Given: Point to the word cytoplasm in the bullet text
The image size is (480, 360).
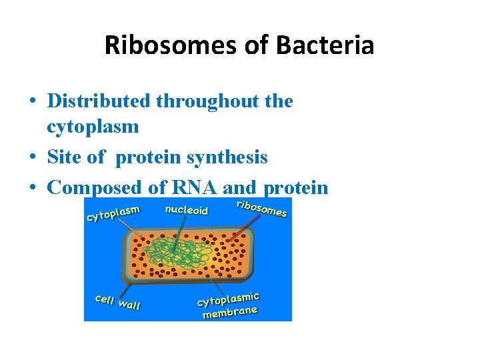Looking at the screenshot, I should tap(93, 127).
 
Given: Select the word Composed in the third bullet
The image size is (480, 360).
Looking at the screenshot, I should tap(95, 187).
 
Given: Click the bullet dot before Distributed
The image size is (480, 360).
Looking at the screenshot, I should tap(33, 102).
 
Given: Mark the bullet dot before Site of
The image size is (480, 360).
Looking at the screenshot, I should tap(33, 158).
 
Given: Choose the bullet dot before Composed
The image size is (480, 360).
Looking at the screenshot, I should tap(33, 188).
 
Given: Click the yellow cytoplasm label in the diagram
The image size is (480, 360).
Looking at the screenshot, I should tap(113, 214).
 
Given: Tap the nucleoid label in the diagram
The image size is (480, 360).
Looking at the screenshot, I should tap(186, 210).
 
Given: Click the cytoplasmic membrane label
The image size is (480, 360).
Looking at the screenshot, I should tap(229, 305).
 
